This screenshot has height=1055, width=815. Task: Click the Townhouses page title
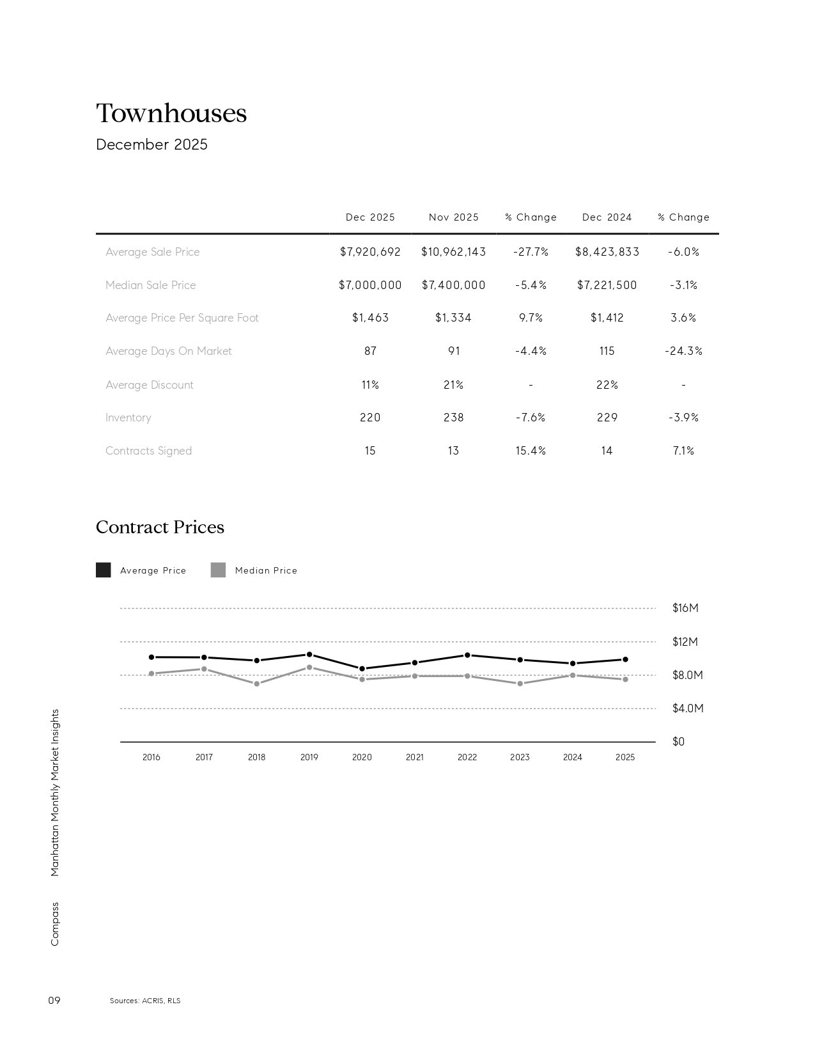coord(171,113)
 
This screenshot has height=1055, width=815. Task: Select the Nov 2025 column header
coord(453,217)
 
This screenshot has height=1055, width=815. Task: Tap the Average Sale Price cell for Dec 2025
coord(370,252)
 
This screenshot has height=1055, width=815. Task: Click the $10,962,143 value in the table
coord(453,252)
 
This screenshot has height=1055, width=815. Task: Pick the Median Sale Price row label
coord(151,285)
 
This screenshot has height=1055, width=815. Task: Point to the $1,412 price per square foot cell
coord(607,318)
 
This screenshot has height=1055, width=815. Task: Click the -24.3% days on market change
coord(683,351)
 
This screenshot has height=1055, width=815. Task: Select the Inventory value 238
coord(453,418)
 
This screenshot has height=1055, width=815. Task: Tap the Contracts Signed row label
coord(148,451)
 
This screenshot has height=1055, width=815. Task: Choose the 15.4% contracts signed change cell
coord(531,451)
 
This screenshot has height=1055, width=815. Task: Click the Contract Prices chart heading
coord(160,527)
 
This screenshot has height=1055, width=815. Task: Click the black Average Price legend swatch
coord(103,570)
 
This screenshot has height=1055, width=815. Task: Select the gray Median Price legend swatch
coord(218,570)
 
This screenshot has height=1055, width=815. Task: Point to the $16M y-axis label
coord(685,608)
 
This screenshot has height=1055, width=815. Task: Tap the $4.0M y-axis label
coord(688,708)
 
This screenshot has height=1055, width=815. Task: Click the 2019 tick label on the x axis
coord(309,757)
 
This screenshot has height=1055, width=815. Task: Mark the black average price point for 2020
coord(362,669)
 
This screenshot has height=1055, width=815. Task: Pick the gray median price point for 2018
coord(256,684)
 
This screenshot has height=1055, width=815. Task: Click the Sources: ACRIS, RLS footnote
coord(145,1001)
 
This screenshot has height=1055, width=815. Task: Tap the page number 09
coord(54,1000)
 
